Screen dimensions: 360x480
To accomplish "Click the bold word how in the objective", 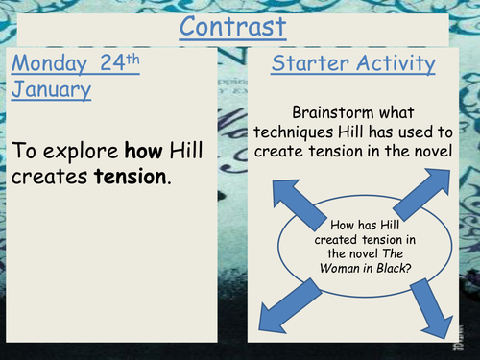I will [143, 150].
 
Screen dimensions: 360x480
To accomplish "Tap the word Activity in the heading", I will [394, 64].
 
